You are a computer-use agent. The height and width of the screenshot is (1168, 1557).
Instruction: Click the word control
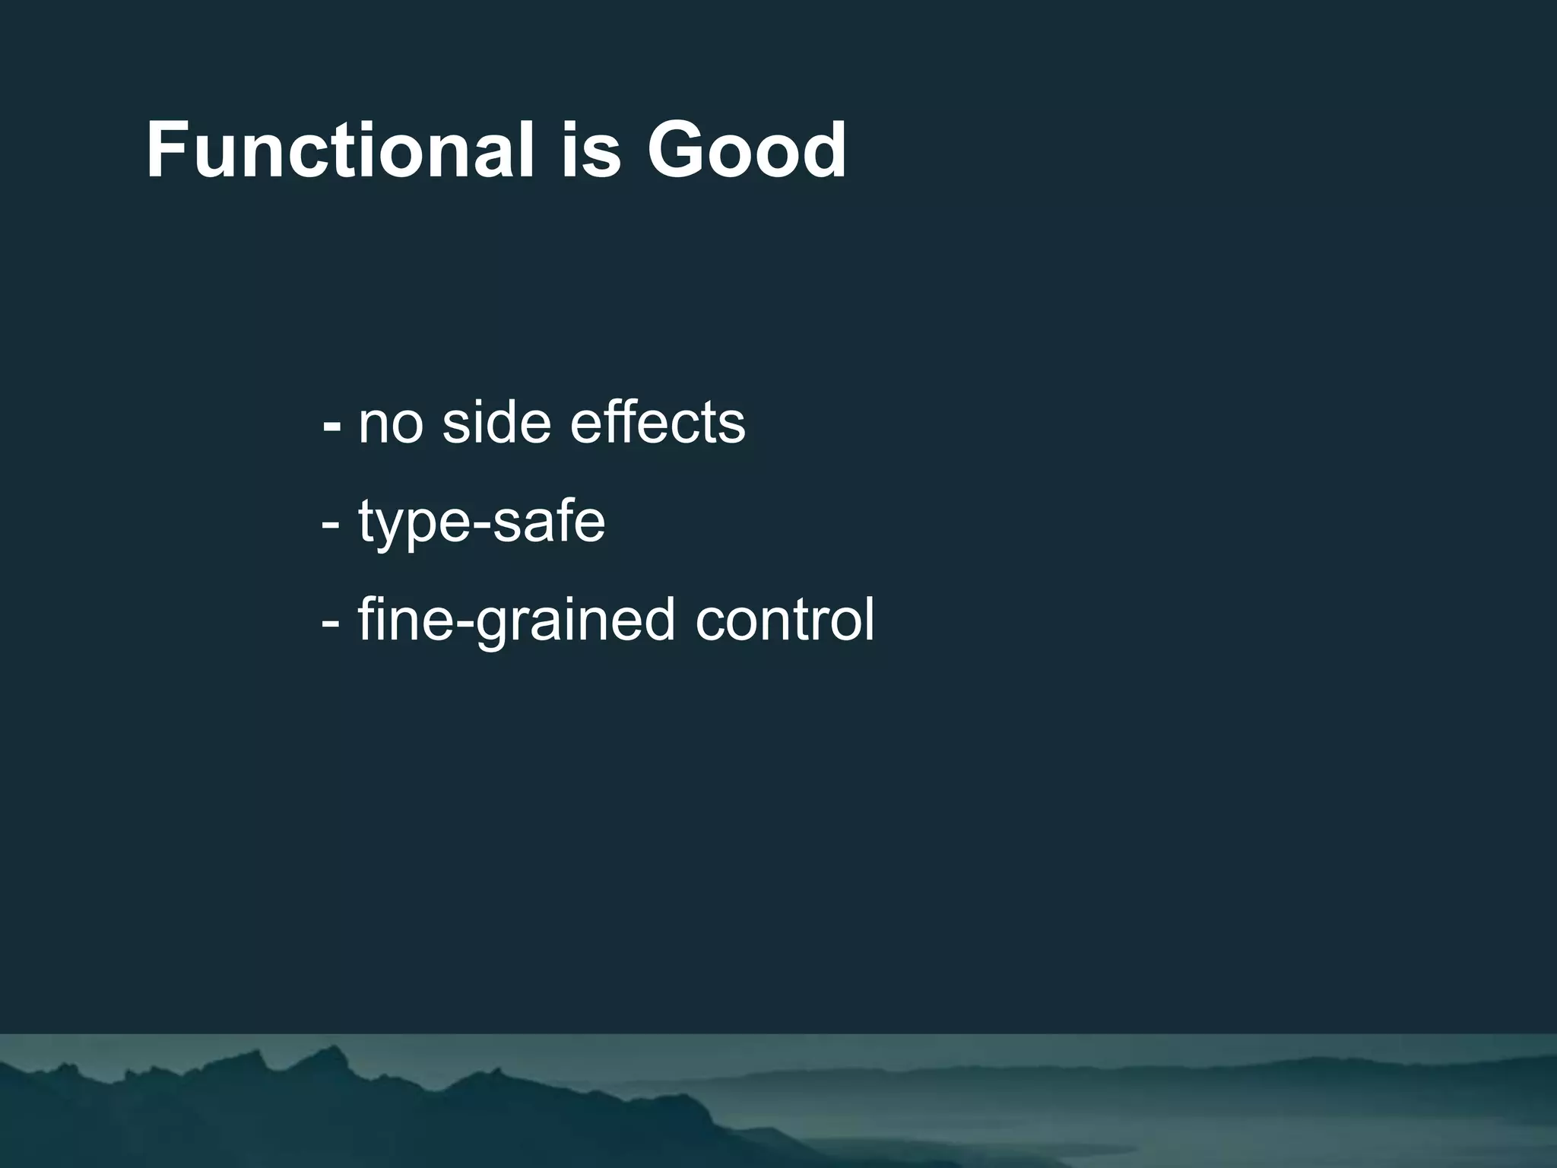[785, 619]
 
